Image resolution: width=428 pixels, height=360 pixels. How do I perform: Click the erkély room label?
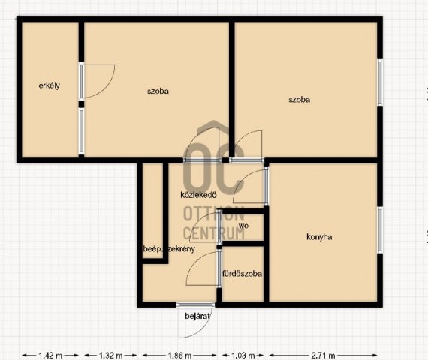(49, 85)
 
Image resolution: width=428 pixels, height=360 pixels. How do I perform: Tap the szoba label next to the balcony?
(158, 91)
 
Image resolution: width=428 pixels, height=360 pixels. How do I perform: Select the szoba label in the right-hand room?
(299, 100)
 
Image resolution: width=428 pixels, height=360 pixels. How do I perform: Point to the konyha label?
(319, 237)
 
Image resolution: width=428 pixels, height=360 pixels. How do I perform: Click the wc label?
(243, 226)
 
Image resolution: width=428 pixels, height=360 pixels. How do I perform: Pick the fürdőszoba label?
(242, 273)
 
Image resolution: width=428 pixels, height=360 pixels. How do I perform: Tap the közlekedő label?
(198, 195)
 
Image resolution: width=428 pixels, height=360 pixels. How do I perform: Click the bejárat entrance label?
(197, 316)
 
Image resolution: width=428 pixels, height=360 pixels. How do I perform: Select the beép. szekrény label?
(169, 249)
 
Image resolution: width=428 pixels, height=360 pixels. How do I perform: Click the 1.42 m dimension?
(50, 355)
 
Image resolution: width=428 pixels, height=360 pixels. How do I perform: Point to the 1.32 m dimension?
(110, 355)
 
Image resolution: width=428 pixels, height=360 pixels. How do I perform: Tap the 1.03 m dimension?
(243, 355)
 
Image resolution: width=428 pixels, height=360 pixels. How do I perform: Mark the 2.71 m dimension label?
(323, 355)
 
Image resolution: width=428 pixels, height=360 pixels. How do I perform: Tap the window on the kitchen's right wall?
(380, 230)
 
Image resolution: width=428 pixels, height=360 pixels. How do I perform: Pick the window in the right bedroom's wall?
(380, 82)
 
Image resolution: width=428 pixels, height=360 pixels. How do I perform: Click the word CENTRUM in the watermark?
(214, 234)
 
